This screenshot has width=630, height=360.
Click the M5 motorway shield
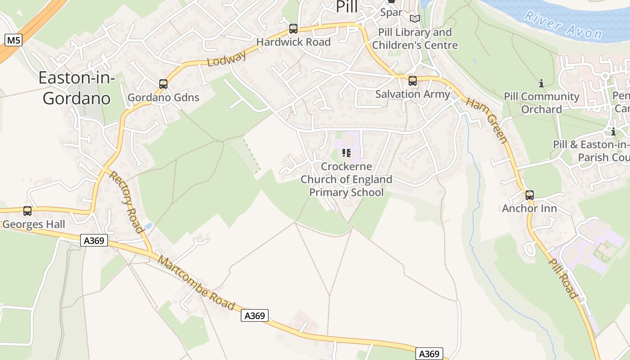coord(13,40)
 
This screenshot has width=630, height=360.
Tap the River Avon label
coord(563,25)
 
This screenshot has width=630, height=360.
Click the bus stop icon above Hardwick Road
coord(293,29)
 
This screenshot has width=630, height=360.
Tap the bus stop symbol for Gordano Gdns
coord(163,84)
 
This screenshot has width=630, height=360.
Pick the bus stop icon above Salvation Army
coord(412,81)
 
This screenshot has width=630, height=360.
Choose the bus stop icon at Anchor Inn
coord(530,195)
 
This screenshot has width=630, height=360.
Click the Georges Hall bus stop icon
coord(27,211)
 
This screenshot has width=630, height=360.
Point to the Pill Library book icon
coord(414,18)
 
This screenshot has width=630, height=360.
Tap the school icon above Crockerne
coord(346,153)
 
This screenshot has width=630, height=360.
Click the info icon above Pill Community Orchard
coord(541,83)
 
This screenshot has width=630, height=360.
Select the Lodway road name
coord(227,58)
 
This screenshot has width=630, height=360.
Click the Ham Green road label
coord(486,120)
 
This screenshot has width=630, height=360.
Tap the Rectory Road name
coord(127,202)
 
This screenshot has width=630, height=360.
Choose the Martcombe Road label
coord(197,284)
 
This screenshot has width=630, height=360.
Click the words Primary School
coord(346,193)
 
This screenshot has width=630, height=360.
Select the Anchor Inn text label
coord(529,208)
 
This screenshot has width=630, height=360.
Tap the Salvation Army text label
coord(412,94)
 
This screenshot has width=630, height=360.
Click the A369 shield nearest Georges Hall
coord(94,241)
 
